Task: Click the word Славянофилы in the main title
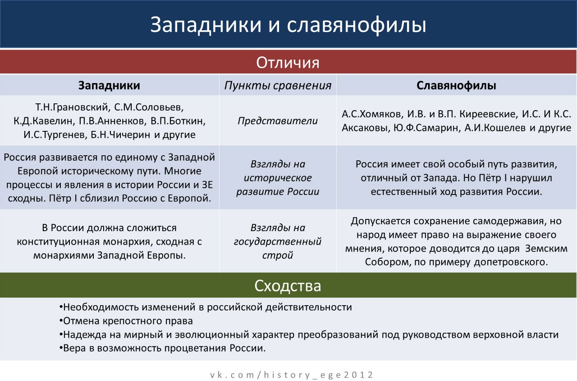[357, 25]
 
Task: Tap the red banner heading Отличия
[288, 63]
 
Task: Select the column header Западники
[109, 85]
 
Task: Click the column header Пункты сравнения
[278, 86]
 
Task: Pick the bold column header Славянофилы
[456, 86]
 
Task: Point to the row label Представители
[278, 121]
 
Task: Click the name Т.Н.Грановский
[72, 107]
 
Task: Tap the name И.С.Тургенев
[55, 135]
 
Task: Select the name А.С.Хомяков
[372, 114]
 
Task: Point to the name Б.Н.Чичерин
[120, 135]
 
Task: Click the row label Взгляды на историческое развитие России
[278, 178]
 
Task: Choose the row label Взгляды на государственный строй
[278, 242]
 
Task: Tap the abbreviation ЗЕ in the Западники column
[207, 185]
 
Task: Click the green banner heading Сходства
[288, 286]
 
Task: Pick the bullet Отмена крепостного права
[126, 321]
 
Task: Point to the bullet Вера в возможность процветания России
[162, 348]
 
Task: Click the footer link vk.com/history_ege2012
[292, 375]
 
